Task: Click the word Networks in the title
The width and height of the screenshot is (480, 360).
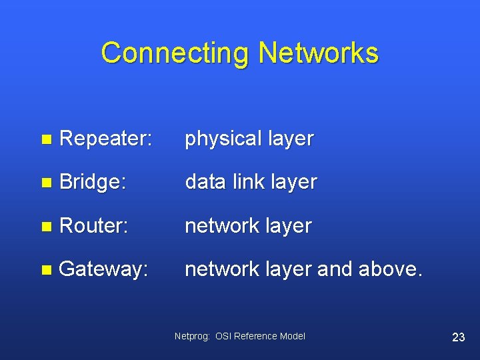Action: tap(318, 53)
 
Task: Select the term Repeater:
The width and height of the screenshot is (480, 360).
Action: tap(106, 139)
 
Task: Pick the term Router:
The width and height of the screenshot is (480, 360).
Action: tap(93, 225)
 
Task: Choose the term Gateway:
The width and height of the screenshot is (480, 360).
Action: tap(103, 269)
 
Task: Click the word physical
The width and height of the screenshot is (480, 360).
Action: tap(223, 139)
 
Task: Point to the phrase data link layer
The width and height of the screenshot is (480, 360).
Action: tap(251, 182)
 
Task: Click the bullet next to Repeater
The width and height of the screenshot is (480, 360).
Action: tap(45, 139)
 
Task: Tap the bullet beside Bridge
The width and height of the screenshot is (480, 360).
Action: tap(45, 183)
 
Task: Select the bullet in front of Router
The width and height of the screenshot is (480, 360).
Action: tap(45, 227)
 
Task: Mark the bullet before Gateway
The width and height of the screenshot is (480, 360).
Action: tap(45, 270)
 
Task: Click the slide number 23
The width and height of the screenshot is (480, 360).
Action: tap(458, 337)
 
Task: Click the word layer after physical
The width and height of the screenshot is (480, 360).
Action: tap(291, 139)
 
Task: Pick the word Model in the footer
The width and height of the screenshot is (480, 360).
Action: tap(293, 337)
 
